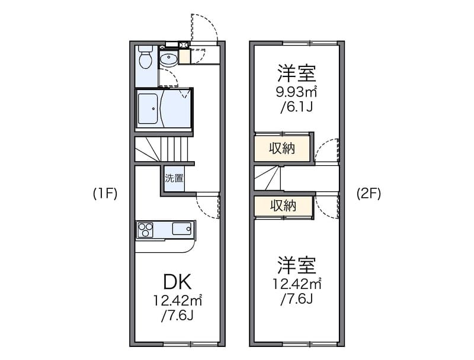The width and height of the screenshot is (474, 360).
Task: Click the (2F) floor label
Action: tap(368, 194)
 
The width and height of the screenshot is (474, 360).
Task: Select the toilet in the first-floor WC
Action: tap(145, 60)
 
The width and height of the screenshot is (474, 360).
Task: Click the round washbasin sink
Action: tap(168, 60)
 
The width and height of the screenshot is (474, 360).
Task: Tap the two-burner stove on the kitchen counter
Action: tap(146, 229)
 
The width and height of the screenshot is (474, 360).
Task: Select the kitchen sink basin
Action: tap(182, 229)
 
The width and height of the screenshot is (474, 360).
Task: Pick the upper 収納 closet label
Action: tap(283, 148)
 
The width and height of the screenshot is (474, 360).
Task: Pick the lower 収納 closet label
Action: tap(283, 206)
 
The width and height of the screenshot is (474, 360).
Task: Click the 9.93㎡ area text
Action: tap(296, 92)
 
